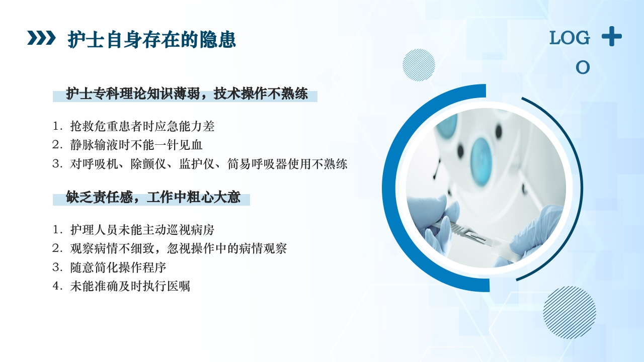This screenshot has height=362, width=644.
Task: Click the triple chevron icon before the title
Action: coord(41,38)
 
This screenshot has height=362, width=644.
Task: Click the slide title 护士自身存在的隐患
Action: coord(151,40)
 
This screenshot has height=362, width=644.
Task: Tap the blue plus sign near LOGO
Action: coord(611,37)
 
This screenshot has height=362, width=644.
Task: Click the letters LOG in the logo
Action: coord(569,38)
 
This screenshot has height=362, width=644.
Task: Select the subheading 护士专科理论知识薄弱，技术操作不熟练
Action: coord(187,94)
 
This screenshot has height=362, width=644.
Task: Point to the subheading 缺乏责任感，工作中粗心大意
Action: coord(153,197)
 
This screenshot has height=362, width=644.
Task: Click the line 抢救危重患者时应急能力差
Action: coord(142,126)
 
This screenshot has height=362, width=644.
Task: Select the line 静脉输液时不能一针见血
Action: coord(136,145)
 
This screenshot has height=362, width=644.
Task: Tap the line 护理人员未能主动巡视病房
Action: coord(142,230)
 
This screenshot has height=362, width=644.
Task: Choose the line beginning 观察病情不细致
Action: coord(178,248)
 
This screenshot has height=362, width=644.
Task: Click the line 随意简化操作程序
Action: coord(118,267)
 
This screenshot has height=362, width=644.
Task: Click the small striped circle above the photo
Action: coord(419,65)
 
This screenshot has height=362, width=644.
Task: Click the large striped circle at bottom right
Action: coord(570,312)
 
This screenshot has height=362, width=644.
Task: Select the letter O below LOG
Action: coord(583,67)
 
